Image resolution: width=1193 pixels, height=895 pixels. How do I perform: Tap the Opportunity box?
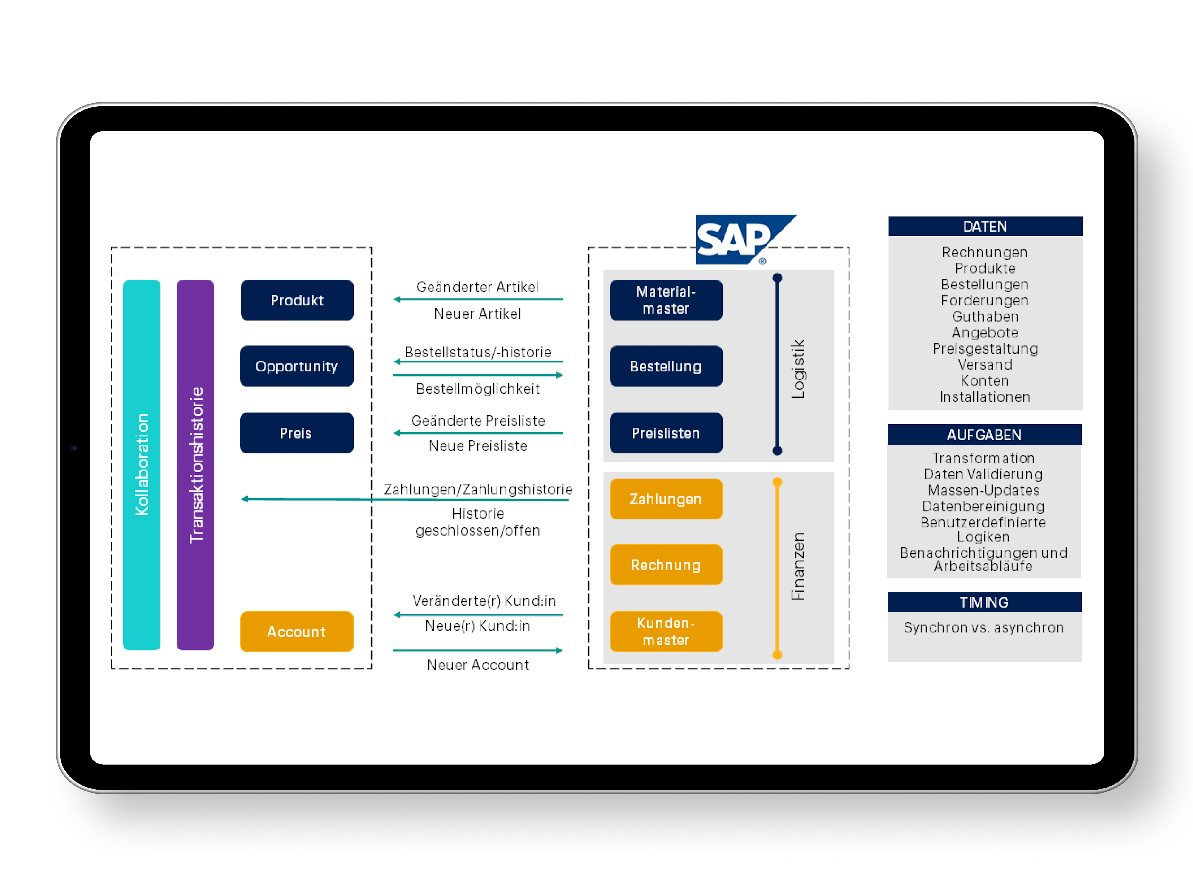(297, 366)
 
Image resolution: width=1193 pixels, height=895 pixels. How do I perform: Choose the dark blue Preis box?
(297, 433)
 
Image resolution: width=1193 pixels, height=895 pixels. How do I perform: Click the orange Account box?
(297, 632)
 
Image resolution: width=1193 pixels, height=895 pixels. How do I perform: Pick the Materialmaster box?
(666, 300)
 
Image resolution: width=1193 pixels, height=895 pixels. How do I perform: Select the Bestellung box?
(666, 366)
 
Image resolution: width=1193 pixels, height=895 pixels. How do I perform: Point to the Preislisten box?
(666, 433)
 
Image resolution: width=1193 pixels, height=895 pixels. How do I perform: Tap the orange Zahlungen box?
(666, 499)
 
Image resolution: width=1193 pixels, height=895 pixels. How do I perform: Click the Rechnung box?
(666, 565)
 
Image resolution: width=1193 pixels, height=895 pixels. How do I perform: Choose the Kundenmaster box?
(666, 632)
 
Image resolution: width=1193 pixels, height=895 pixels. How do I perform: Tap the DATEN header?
(985, 226)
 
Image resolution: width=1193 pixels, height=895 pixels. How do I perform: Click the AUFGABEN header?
(984, 435)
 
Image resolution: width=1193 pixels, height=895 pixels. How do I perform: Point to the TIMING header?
(984, 602)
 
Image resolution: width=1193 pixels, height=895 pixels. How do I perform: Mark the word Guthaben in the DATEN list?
(985, 317)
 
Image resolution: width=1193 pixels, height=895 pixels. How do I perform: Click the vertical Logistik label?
(798, 370)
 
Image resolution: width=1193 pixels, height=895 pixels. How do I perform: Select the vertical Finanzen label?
(798, 567)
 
